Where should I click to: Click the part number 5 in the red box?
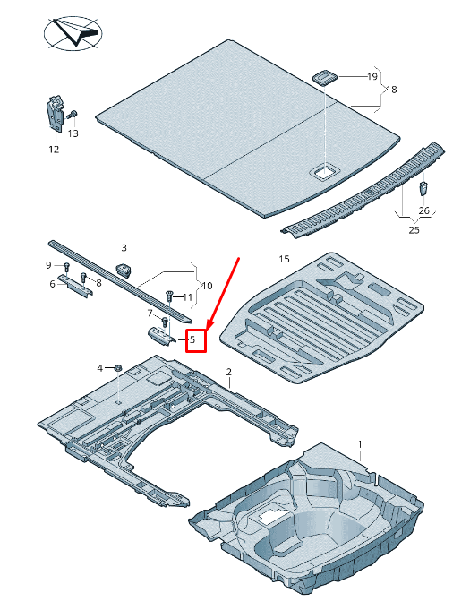[192, 340]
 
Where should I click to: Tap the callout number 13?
[73, 133]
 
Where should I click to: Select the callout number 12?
[54, 149]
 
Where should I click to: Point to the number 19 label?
[372, 78]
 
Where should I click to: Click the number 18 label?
[391, 90]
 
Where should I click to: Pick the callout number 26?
[424, 210]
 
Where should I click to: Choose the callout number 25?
[414, 230]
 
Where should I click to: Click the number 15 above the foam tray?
[284, 260]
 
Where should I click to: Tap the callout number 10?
[207, 286]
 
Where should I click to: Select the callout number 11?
[188, 297]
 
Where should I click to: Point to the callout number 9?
[49, 265]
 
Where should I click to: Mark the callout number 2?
[229, 372]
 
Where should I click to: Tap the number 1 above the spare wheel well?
[361, 444]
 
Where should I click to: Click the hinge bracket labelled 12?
[54, 115]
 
